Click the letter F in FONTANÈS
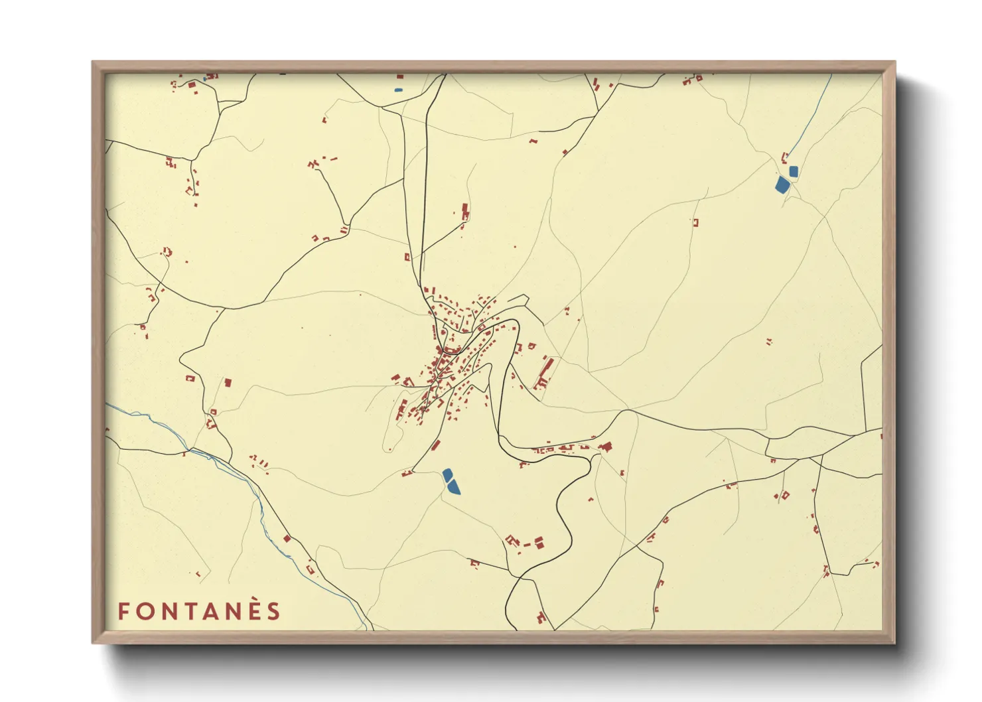coord(123,611)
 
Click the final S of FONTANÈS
coord(274,611)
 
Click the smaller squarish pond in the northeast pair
coord(794,171)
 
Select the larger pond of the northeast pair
coord(782,184)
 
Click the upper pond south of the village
coord(447,474)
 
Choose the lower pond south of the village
coord(453,488)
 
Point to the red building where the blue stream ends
coord(784,157)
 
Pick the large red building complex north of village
coord(465,212)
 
